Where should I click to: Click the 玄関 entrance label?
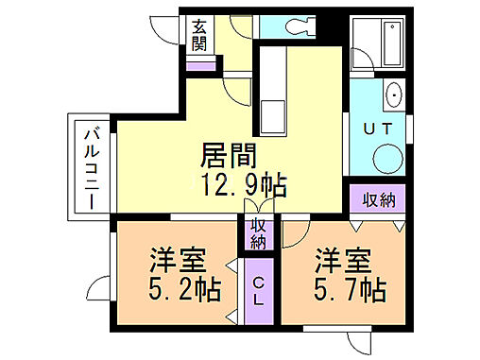pos(200,35)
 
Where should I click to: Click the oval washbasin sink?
pos(394,95)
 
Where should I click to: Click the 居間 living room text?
pos(228,154)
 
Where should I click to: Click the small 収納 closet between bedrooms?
pos(258,232)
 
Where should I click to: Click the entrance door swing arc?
pos(165,26)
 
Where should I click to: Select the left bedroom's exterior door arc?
pos(99,285)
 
